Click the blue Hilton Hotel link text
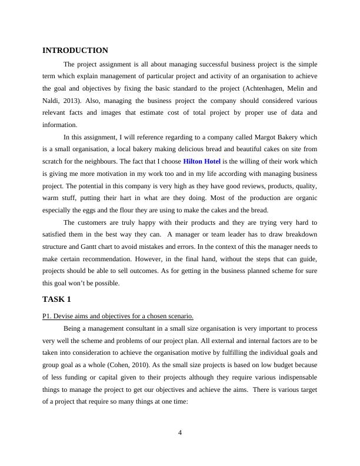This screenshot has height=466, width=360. [202, 161]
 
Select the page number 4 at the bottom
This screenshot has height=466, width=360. [180, 433]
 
